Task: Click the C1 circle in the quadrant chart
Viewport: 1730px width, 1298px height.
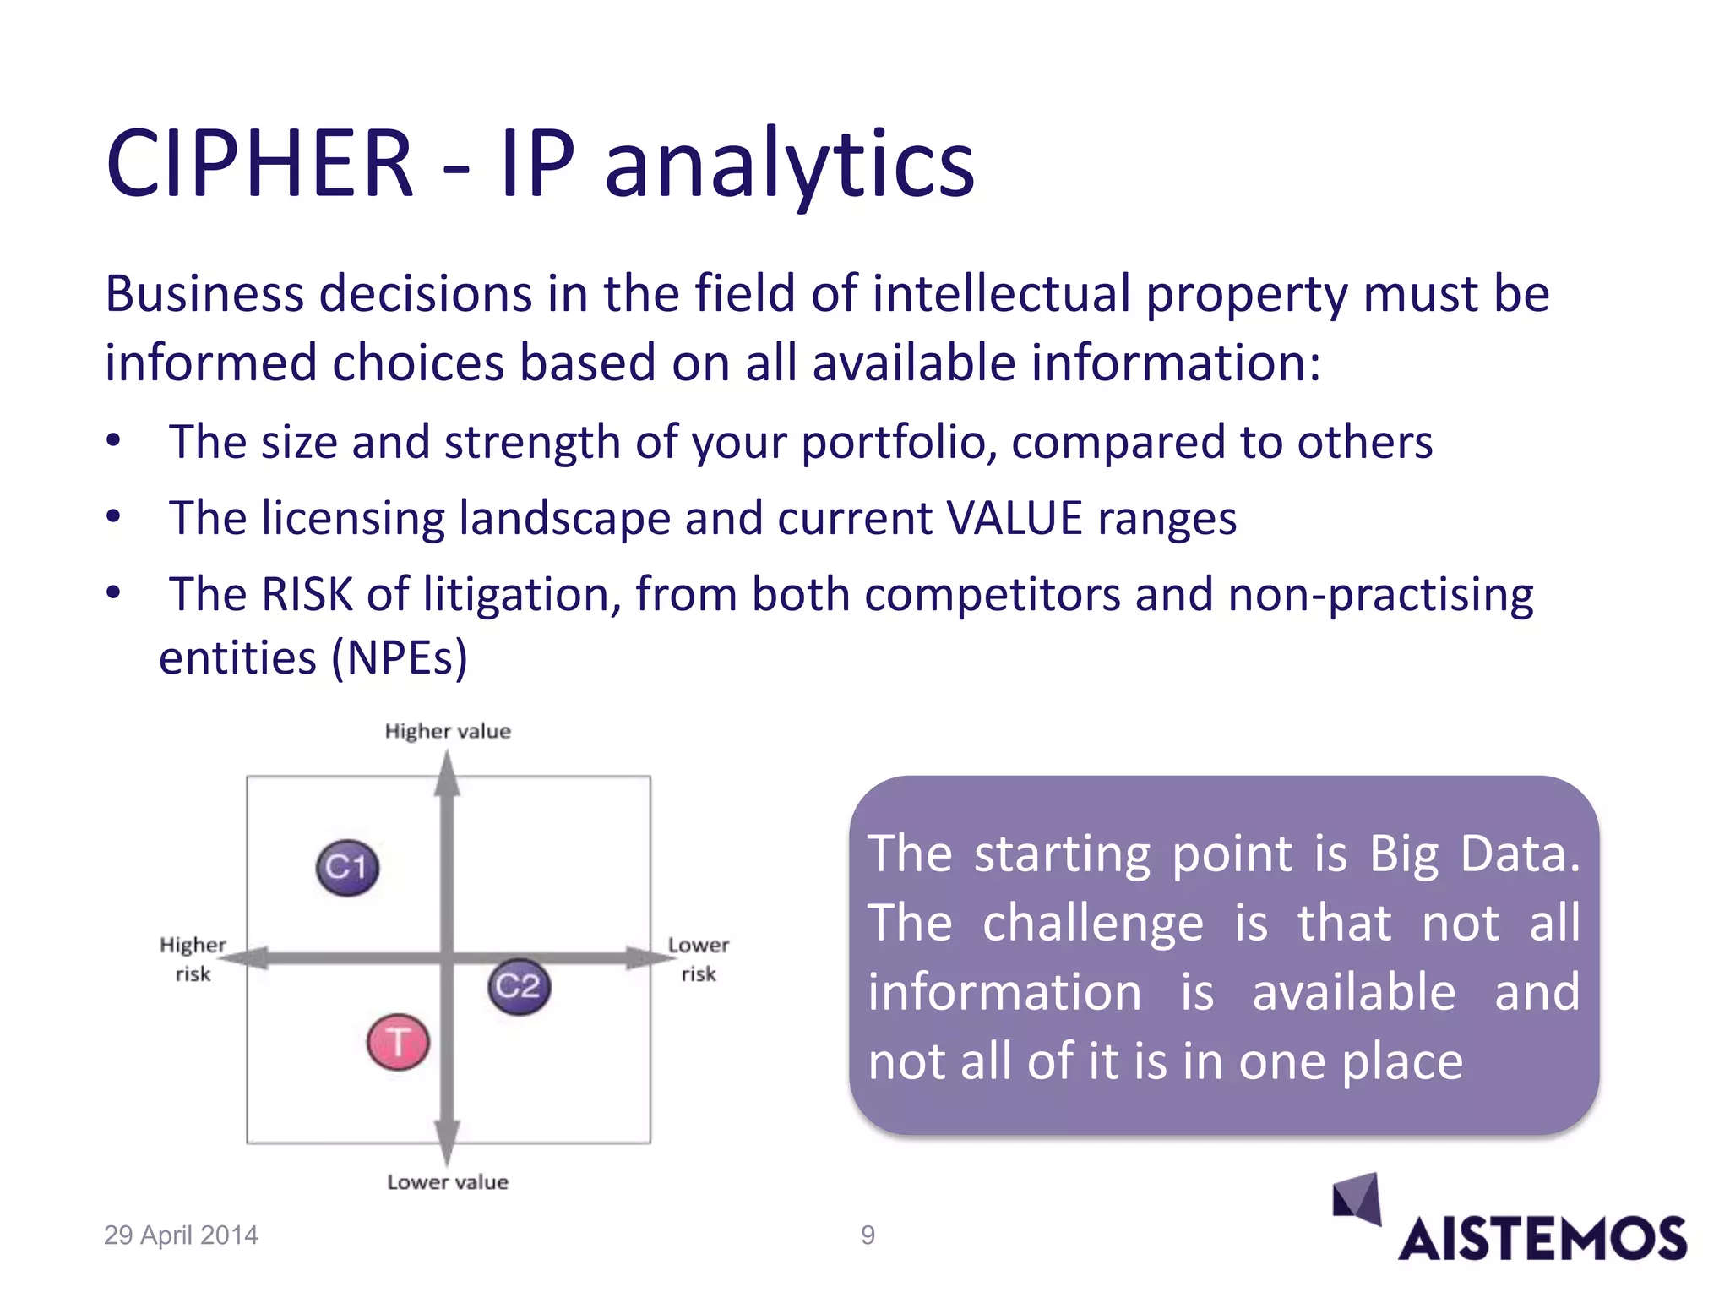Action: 347,867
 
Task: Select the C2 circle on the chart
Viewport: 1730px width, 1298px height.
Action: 519,986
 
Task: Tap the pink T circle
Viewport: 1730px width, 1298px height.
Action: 398,1042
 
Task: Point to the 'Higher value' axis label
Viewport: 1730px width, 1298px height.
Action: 448,731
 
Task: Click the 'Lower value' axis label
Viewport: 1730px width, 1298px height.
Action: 448,1181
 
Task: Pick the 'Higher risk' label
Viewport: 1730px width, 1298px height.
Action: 193,958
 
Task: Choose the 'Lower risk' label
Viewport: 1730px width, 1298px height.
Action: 698,958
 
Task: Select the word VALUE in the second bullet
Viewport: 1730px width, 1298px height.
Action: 1015,517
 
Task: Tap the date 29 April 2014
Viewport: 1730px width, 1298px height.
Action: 181,1235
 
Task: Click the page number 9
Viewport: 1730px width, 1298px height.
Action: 868,1235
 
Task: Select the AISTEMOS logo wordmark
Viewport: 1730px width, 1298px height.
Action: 1542,1239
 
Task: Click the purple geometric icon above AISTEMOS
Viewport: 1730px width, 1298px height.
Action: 1357,1198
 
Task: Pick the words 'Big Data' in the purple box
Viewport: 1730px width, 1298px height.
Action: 1474,854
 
